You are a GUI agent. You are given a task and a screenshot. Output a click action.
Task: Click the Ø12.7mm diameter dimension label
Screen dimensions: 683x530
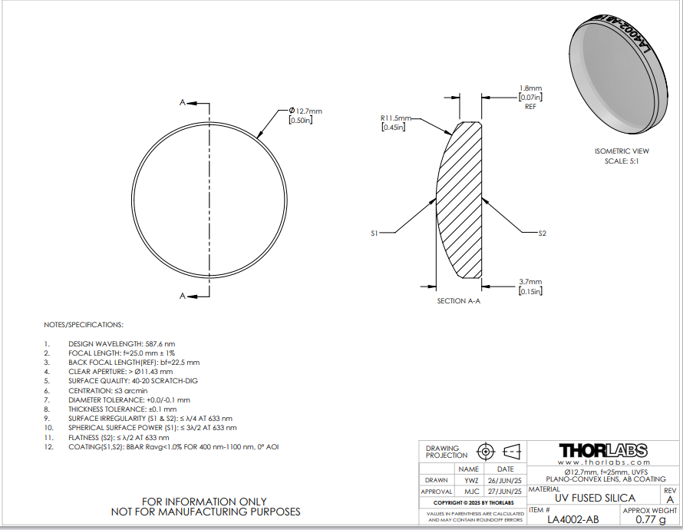click(305, 111)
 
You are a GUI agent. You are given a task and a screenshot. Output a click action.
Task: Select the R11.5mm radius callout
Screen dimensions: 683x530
click(395, 118)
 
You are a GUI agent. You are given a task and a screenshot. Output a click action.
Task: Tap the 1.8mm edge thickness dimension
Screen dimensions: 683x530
click(530, 88)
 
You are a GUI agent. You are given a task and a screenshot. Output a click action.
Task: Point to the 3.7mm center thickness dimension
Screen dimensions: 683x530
click(530, 282)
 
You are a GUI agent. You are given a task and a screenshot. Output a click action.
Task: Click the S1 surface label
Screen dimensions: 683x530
click(374, 234)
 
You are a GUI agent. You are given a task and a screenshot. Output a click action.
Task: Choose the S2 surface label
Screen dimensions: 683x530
click(542, 234)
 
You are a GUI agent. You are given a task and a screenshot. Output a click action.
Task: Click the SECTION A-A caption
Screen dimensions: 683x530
click(459, 301)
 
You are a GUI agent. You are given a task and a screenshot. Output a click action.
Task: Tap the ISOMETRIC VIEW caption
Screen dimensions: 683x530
click(622, 151)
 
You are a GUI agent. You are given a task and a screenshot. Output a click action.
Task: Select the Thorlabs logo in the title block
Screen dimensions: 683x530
click(603, 451)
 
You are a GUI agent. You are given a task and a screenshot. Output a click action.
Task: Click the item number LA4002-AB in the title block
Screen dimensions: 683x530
click(572, 519)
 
